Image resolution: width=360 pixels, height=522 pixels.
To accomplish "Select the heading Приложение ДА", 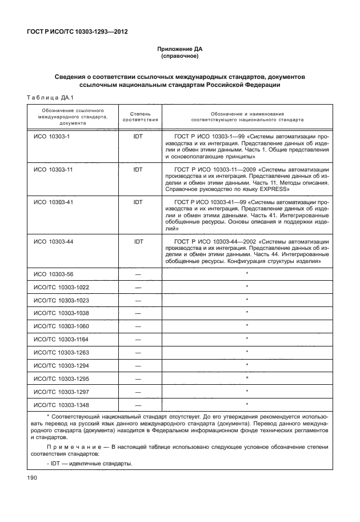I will coord(180,50).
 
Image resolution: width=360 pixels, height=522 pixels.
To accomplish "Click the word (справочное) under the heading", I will coord(180,57).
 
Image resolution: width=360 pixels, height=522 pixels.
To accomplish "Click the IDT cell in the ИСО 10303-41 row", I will coord(138,202).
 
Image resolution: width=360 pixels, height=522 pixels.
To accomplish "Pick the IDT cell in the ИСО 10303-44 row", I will coord(138,242).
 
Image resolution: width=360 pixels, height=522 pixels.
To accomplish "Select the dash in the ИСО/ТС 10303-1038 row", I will coord(138,313).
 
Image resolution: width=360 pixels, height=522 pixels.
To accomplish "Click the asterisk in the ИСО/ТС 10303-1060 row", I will coord(246,325).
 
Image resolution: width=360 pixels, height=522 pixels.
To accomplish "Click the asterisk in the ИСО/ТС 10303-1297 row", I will coord(246,391).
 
